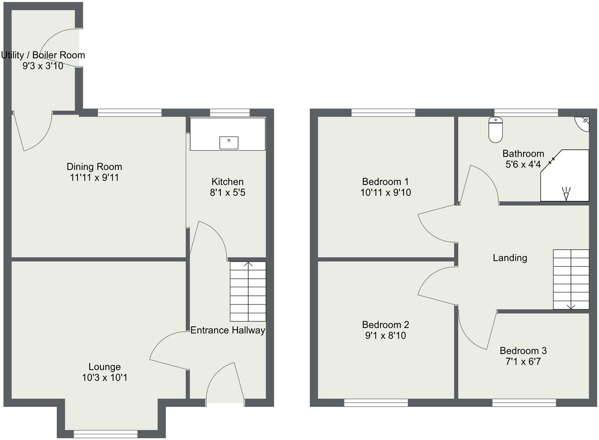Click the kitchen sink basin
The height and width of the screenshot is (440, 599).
229,143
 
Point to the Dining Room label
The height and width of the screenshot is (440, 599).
94,167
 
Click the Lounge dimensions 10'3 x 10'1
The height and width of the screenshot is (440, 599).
104,378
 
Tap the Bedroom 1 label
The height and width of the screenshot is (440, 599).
385,182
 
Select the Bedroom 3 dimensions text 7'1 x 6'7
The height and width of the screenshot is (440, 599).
523,361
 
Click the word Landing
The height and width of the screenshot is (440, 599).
510,258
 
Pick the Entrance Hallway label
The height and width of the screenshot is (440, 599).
228,330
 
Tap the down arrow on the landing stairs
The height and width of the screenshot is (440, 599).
571,306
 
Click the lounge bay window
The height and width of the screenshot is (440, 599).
106,434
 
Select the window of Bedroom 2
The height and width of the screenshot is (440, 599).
376,403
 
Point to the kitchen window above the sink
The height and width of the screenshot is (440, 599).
230,112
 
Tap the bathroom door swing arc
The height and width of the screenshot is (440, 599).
481,183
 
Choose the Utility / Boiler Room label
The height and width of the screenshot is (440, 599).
43,55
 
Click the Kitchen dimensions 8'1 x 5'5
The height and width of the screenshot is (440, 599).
228,193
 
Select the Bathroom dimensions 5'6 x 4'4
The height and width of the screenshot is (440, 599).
523,165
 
